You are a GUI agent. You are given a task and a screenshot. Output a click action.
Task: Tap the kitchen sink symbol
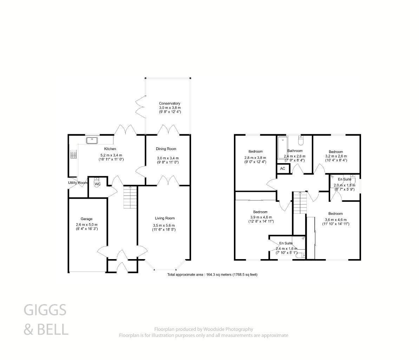point(92,140)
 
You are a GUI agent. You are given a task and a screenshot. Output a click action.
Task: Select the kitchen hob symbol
point(73,155)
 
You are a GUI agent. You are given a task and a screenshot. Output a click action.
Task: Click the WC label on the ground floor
point(98,184)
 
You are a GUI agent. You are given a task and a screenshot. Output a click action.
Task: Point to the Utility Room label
point(78,183)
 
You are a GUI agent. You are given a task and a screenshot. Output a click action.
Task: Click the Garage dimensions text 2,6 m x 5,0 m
point(86,225)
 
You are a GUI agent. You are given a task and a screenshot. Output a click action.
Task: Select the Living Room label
point(164,218)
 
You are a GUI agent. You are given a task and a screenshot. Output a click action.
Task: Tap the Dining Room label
point(166,149)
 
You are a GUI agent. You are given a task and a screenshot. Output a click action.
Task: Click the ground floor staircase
point(130,198)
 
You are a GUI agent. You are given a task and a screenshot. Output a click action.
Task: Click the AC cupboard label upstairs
point(283,168)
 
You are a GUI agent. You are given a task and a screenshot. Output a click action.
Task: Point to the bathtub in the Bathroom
point(282,148)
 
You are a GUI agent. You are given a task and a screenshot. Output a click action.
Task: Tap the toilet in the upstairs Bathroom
point(301,141)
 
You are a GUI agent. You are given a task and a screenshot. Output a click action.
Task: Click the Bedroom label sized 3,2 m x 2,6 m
point(335,152)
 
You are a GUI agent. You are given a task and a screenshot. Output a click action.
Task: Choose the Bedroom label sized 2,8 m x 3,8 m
point(255,152)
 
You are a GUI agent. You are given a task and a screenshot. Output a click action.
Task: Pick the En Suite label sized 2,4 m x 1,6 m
point(286,243)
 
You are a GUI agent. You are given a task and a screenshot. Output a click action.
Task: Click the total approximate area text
point(215,275)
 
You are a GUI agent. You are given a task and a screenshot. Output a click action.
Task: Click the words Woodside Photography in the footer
point(229,329)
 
